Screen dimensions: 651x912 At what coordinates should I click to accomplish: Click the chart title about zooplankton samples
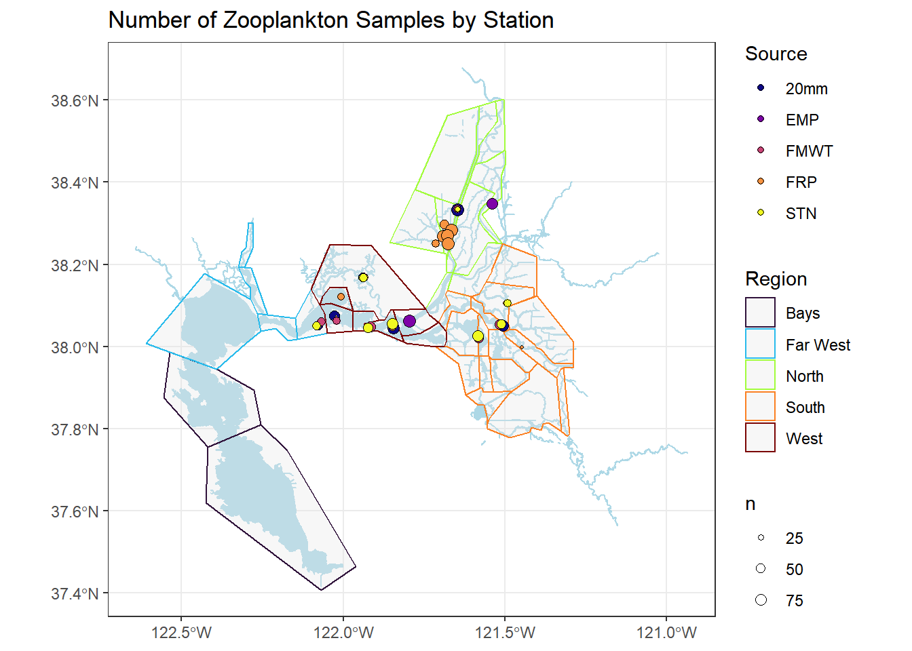(x=330, y=20)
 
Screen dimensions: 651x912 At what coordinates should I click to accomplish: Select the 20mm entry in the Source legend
(x=806, y=89)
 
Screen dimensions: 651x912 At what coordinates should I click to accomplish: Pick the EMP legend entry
(x=802, y=120)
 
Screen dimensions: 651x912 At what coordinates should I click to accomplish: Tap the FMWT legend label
(x=809, y=151)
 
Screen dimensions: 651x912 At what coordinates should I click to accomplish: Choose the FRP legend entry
(x=801, y=182)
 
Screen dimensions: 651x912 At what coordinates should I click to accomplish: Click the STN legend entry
(x=801, y=214)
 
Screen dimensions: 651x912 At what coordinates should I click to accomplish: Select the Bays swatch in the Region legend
(x=760, y=313)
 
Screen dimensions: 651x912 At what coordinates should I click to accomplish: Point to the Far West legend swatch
(x=760, y=344)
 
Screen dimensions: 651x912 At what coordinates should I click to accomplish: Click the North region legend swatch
(x=760, y=375)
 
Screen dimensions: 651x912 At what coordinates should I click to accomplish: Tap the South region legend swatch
(x=760, y=406)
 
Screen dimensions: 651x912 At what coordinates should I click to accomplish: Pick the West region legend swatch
(x=760, y=437)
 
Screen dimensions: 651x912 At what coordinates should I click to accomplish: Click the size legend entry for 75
(x=793, y=600)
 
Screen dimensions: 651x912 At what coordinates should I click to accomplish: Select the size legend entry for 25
(x=793, y=538)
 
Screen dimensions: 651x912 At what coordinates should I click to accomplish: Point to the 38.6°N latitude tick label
(x=75, y=101)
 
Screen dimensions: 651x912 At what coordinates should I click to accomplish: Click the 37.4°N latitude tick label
(x=75, y=594)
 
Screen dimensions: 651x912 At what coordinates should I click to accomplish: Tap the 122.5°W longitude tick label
(x=181, y=633)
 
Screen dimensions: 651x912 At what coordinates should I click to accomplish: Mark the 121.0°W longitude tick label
(x=666, y=633)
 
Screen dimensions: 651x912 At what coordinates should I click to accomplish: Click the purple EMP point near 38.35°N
(x=492, y=203)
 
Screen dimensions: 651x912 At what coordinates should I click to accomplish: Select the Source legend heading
(x=776, y=54)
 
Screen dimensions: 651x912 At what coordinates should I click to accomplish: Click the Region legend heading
(x=776, y=279)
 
